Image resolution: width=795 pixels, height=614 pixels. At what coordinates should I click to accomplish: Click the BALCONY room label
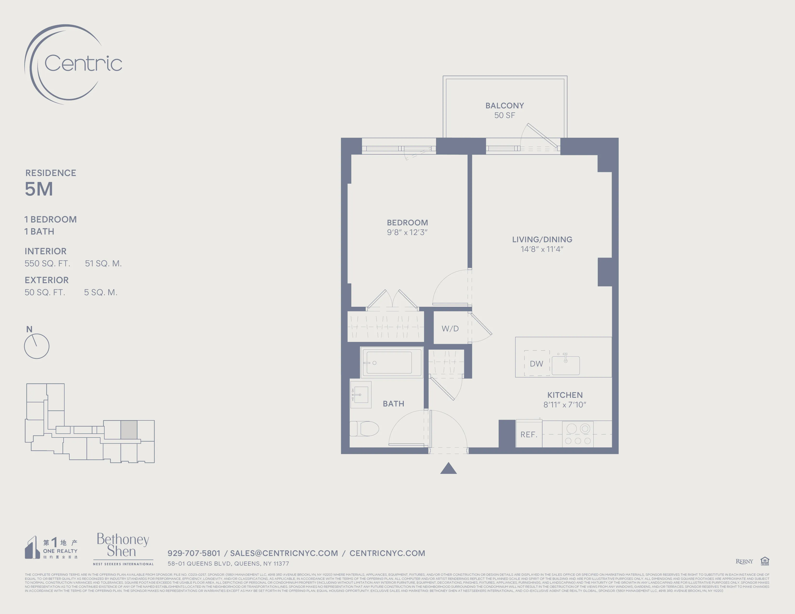504,105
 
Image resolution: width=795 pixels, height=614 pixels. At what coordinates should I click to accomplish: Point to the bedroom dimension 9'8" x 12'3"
407,232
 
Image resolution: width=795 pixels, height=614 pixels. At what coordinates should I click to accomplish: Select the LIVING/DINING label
542,239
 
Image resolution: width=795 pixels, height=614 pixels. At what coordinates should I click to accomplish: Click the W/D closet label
450,328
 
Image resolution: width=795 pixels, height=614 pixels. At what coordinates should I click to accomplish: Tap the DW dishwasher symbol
536,363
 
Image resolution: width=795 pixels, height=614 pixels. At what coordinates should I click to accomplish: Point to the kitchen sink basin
565,365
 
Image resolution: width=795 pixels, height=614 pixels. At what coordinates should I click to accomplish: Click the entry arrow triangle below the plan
449,469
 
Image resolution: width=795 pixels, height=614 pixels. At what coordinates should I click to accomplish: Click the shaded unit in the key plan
129,430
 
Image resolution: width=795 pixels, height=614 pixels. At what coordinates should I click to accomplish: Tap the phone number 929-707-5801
194,553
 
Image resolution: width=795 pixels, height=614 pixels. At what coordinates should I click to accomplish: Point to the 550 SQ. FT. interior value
47,263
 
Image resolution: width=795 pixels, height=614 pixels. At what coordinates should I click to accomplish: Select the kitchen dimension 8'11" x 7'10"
565,405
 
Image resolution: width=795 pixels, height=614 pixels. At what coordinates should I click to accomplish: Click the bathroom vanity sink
360,395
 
